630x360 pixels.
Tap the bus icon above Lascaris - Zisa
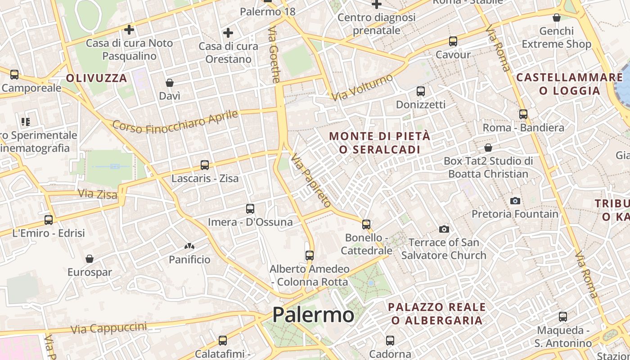tap(205, 165)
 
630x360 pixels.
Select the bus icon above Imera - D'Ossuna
tap(250, 209)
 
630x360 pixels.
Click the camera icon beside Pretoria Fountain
tap(515, 201)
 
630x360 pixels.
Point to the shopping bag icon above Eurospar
tap(90, 259)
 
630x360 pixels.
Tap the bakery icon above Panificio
tap(189, 246)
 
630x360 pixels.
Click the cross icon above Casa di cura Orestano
tap(228, 33)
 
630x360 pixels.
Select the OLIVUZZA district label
tap(97, 78)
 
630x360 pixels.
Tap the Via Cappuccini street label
tap(109, 328)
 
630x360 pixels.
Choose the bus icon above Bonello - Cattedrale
tap(366, 224)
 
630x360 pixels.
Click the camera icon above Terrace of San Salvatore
tap(444, 229)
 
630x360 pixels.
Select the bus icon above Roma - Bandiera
tap(523, 114)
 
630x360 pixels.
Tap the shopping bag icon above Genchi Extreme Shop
tap(557, 18)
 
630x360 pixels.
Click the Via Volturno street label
tap(362, 88)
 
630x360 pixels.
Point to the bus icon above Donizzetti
tap(421, 91)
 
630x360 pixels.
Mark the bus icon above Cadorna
tap(390, 341)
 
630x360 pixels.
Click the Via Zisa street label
tap(98, 194)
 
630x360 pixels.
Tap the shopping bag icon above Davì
tap(170, 83)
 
